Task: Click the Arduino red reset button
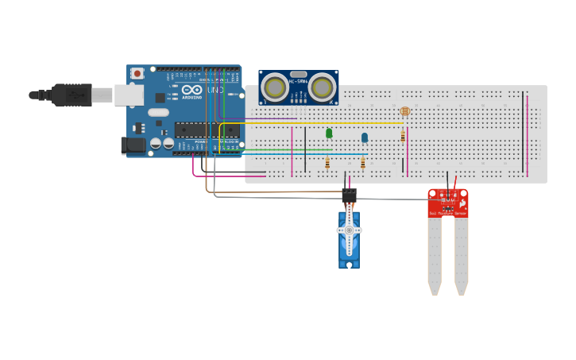pos(137,73)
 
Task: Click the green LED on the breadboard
pos(329,133)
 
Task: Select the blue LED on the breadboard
pos(365,137)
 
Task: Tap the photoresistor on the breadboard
pos(404,112)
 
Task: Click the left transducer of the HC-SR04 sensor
pos(275,87)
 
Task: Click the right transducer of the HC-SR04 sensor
pos(322,87)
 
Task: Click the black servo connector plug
pos(349,195)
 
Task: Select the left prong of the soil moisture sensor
pos(434,254)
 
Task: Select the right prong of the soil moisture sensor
pos(461,254)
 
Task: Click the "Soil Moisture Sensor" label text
pos(447,213)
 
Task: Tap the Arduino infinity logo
pos(192,90)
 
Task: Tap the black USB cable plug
pos(72,95)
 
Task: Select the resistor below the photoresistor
pos(403,137)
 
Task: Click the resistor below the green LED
pos(327,163)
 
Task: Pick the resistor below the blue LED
pos(363,163)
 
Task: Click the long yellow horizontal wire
pos(318,123)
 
